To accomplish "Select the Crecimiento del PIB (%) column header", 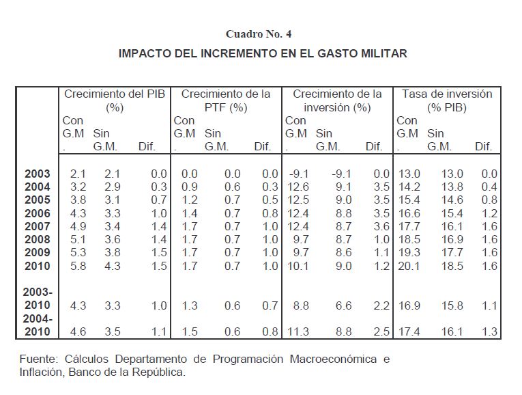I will (x=114, y=100).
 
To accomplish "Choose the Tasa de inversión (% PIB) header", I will (x=448, y=100).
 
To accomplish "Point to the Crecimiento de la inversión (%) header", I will (x=337, y=100).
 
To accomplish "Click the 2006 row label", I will (x=38, y=214).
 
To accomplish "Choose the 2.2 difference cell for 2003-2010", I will (x=379, y=306).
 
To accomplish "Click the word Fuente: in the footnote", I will (x=38, y=359).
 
